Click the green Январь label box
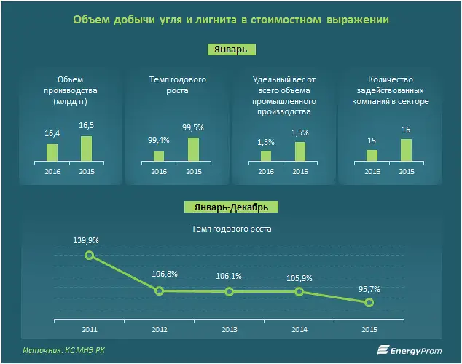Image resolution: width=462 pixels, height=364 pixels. click(231, 50)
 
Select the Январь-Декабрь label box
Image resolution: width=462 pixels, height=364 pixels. click(231, 207)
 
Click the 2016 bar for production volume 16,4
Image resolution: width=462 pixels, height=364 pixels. click(52, 153)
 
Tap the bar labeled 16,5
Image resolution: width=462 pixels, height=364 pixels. click(86, 149)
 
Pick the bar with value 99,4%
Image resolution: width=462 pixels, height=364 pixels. click(159, 157)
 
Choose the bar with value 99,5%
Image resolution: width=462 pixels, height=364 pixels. click(193, 149)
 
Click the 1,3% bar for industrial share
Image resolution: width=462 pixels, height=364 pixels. click(266, 156)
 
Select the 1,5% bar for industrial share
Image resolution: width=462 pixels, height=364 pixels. click(300, 151)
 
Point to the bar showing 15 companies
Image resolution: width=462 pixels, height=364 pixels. click(372, 156)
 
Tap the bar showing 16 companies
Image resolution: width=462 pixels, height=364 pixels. click(407, 150)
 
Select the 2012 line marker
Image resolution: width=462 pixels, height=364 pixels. click(159, 291)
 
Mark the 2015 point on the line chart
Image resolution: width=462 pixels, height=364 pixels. click(369, 303)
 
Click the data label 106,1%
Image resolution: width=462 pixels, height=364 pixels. click(229, 276)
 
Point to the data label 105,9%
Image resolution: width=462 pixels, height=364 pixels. click(299, 278)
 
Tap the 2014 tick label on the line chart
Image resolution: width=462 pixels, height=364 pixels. click(299, 329)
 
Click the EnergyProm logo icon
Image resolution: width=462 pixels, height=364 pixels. click(383, 350)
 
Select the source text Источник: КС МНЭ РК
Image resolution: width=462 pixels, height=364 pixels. click(63, 350)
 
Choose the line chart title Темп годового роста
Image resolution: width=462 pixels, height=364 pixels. click(232, 229)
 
